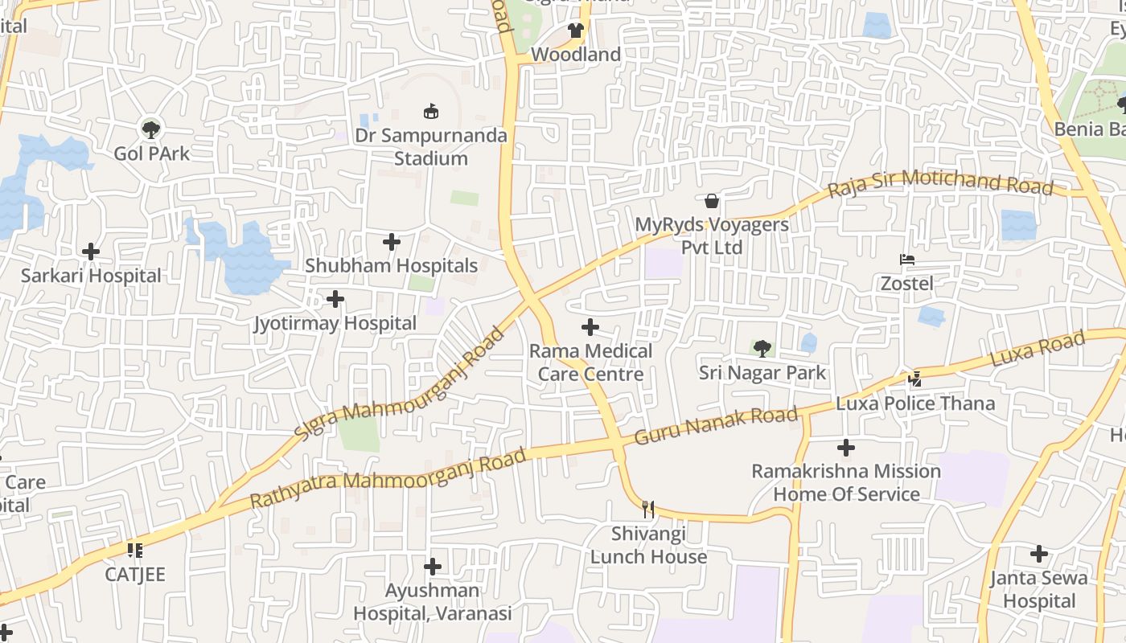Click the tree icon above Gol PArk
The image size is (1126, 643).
coord(150,129)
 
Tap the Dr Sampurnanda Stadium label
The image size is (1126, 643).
coord(431,146)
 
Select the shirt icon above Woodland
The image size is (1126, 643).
coord(575,31)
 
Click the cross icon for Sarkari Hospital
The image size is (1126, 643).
coord(91,252)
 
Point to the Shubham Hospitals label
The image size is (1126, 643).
coord(391,265)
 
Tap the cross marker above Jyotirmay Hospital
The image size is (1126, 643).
coord(335,300)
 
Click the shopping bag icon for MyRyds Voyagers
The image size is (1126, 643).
coord(712,200)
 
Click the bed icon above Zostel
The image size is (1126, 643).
coord(907,260)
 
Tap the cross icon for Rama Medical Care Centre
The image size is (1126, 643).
coord(590,327)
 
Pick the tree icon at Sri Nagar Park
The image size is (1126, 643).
coord(762,349)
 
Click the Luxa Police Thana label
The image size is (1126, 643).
coord(915,403)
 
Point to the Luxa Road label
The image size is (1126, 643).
coord(1038,350)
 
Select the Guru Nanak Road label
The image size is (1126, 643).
coord(716,426)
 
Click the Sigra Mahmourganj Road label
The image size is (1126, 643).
coord(398,383)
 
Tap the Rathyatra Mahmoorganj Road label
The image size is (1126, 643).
coord(388,478)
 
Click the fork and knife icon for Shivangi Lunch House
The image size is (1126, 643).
coord(648,509)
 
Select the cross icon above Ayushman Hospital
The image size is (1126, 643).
coord(433,567)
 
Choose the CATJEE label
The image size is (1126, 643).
coord(135,575)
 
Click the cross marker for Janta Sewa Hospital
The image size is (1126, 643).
coord(1039,554)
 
